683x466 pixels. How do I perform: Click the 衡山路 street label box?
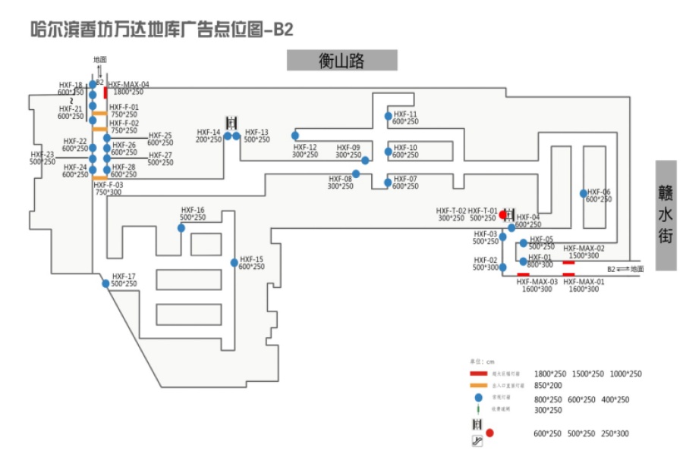point(341,61)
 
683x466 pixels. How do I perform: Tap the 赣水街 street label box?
point(666,215)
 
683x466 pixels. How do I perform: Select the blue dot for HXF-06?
point(583,193)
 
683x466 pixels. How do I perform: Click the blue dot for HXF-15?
point(234,263)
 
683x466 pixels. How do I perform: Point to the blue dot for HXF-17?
point(105,283)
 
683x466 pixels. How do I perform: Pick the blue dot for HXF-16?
point(181,228)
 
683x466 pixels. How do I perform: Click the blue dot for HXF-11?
point(388,117)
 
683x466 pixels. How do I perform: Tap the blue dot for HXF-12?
point(295,136)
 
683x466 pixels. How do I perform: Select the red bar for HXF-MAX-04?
point(105,92)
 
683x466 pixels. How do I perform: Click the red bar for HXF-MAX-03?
point(523,274)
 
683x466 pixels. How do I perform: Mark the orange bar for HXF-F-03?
point(99,178)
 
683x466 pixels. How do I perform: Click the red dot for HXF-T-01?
point(502,215)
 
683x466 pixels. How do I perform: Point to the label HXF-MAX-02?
point(584,249)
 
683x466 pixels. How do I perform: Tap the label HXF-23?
point(42,154)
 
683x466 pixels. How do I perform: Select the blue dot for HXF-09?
point(365,161)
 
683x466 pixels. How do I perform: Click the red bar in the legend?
point(478,374)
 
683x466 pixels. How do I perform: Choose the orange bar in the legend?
point(478,385)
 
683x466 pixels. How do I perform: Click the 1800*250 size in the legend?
point(551,374)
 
